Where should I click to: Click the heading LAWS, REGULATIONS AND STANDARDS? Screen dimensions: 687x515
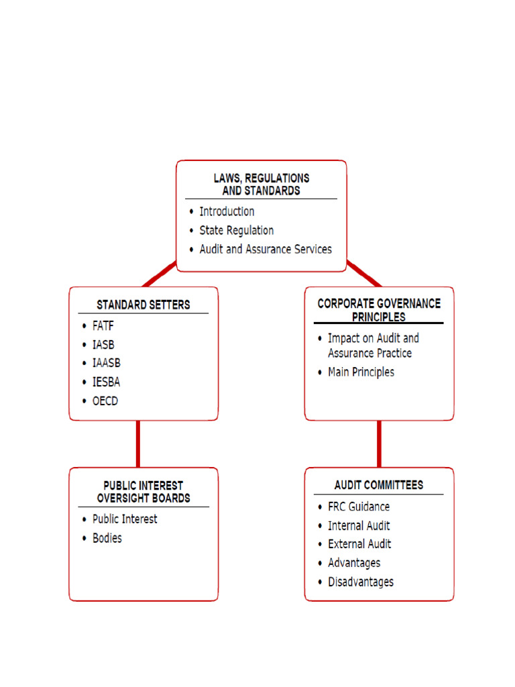pyautogui.click(x=261, y=184)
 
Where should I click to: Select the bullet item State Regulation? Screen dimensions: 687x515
pyautogui.click(x=236, y=230)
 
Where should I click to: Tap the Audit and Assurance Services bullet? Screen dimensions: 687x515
pyautogui.click(x=265, y=249)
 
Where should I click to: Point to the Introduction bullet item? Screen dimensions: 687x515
pyautogui.click(x=227, y=211)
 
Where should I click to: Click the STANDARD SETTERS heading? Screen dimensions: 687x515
pyautogui.click(x=143, y=305)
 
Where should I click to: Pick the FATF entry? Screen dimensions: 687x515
pyautogui.click(x=103, y=326)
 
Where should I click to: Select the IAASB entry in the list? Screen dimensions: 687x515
pyautogui.click(x=107, y=363)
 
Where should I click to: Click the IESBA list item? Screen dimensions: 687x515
pyautogui.click(x=106, y=382)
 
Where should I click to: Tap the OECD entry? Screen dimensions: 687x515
pyautogui.click(x=105, y=401)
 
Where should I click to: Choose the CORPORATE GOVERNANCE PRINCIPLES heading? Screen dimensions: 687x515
pyautogui.click(x=379, y=310)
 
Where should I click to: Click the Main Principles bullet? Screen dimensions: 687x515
pyautogui.click(x=361, y=372)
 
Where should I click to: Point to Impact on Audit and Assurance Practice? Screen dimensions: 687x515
pyautogui.click(x=373, y=346)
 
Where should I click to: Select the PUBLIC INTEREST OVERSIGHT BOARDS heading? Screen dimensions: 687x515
pyautogui.click(x=143, y=492)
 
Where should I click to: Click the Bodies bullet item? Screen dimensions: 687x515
pyautogui.click(x=107, y=538)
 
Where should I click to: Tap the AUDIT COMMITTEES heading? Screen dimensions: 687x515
pyautogui.click(x=379, y=484)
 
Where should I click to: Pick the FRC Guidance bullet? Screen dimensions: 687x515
pyautogui.click(x=358, y=507)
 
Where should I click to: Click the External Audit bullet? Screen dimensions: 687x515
pyautogui.click(x=359, y=544)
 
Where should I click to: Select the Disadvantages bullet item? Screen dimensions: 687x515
pyautogui.click(x=360, y=582)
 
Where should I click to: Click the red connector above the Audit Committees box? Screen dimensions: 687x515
pyautogui.click(x=379, y=444)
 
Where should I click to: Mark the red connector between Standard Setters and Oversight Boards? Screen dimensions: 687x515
pyautogui.click(x=137, y=444)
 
